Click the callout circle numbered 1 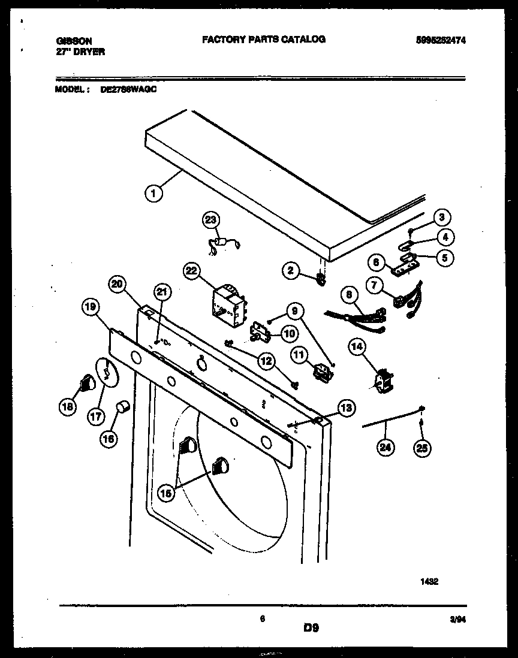coord(154,193)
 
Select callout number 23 coord(210,220)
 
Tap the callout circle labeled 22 coord(192,271)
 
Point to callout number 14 coord(357,346)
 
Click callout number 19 coord(90,308)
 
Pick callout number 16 coord(109,439)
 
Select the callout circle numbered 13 coord(345,408)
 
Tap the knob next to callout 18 coord(88,382)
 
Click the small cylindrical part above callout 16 coord(125,407)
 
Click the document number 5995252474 coord(440,40)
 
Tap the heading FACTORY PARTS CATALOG coord(263,39)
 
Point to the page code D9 coord(311,628)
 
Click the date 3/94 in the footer coord(458,621)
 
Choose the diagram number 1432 coord(430,580)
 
